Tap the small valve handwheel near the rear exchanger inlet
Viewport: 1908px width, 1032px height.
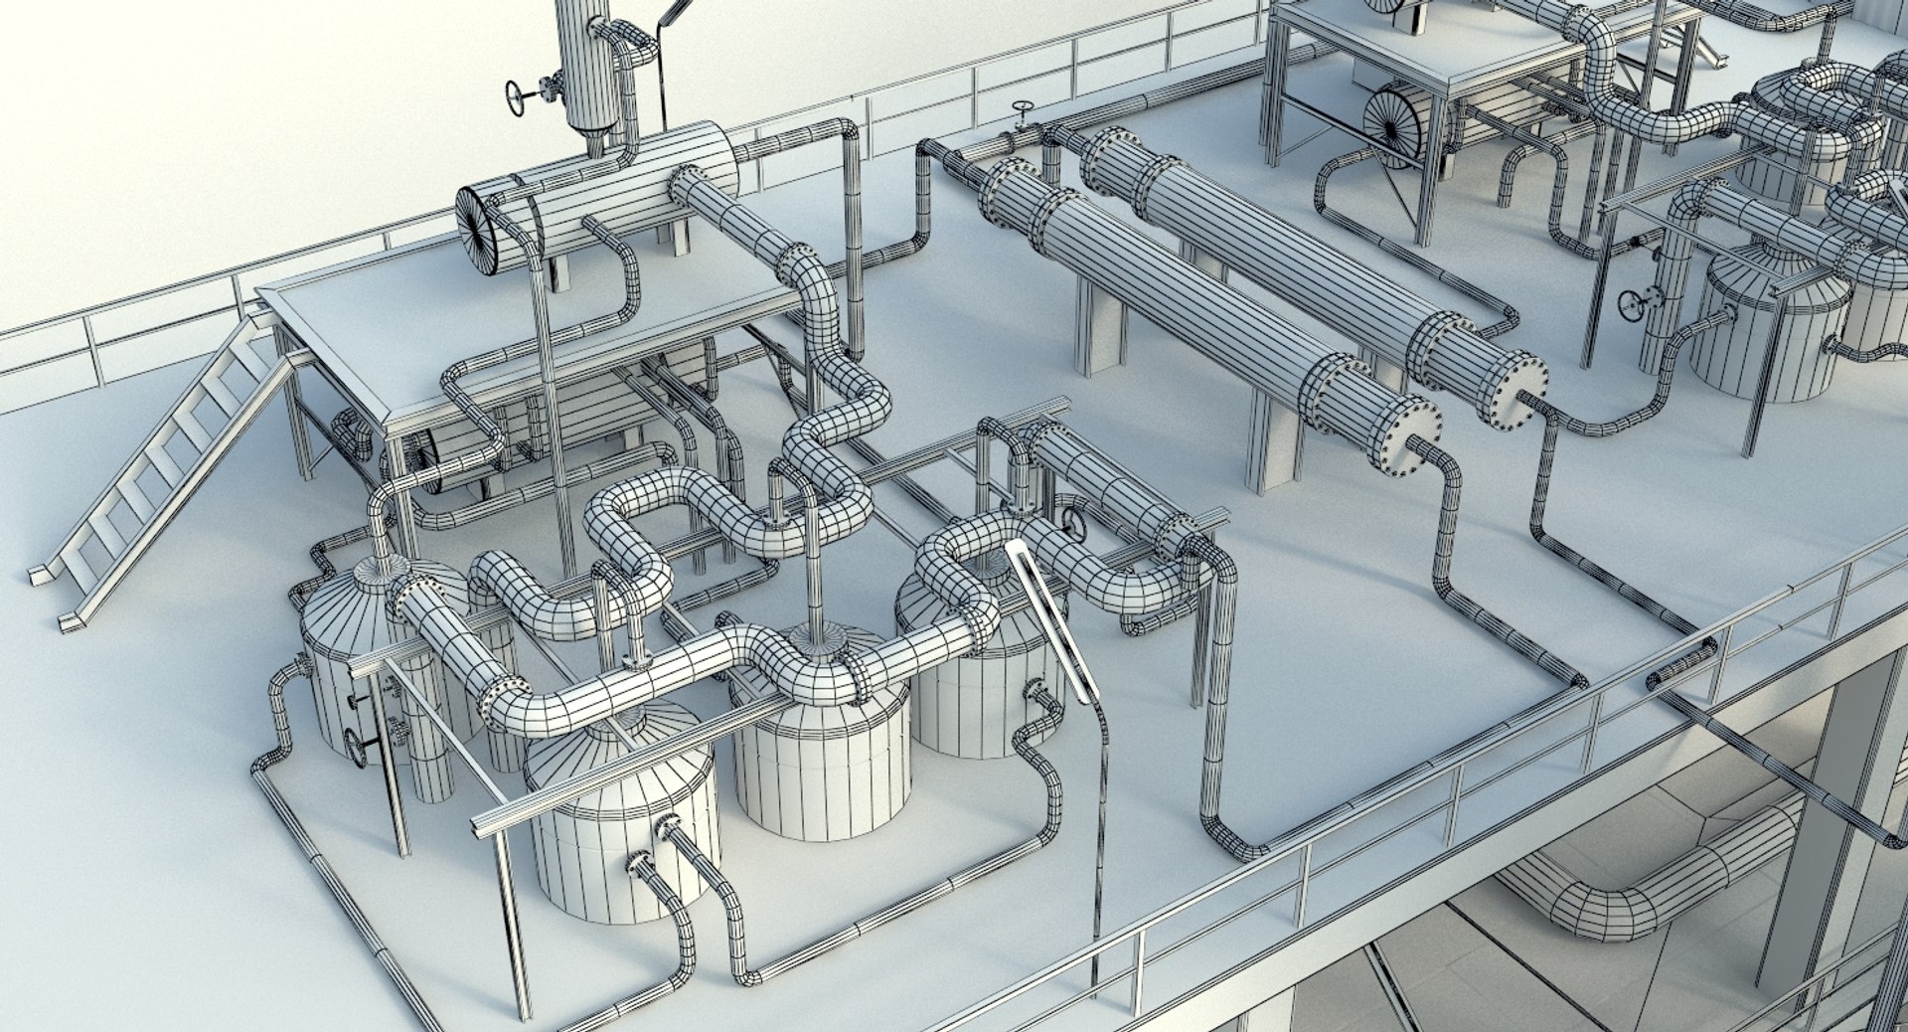coord(1022,110)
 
